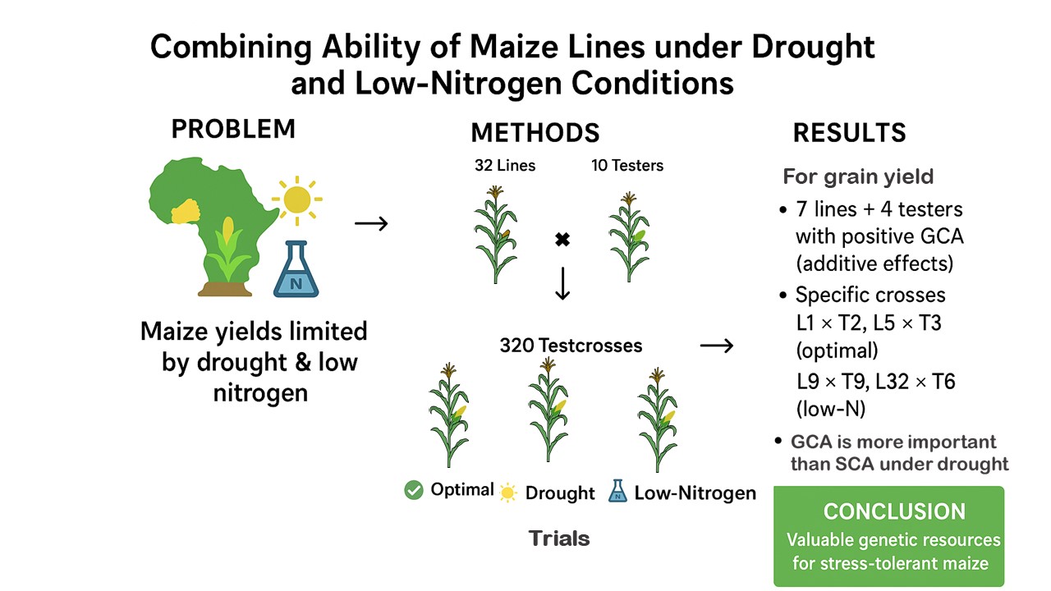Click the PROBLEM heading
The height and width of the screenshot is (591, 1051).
(233, 129)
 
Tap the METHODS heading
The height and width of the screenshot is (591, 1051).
(535, 133)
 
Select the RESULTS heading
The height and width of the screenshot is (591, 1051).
(849, 133)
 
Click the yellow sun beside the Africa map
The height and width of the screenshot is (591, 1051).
(296, 199)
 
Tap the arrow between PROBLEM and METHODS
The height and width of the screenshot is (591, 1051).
(371, 223)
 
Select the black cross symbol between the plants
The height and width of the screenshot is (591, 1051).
(562, 241)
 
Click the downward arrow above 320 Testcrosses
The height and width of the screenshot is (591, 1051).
(562, 283)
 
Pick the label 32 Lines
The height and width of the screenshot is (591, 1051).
(505, 166)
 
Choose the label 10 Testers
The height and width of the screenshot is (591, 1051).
(627, 166)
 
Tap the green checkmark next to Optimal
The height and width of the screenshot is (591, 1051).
(414, 490)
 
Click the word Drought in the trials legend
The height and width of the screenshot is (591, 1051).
(559, 492)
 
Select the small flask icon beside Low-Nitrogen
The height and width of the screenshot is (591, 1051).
(617, 492)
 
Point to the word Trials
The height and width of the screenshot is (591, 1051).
(559, 538)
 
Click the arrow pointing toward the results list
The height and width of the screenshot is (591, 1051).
(717, 346)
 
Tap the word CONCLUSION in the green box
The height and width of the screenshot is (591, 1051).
(894, 511)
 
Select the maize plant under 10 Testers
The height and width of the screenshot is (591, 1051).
(629, 238)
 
